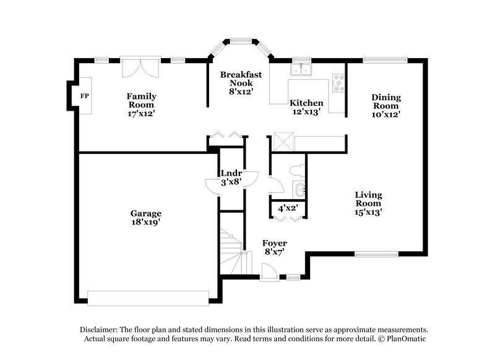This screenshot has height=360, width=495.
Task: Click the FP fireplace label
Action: coord(84,96)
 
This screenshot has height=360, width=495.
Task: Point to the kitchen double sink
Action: coord(303,69)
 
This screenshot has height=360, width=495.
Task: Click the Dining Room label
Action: coord(386,106)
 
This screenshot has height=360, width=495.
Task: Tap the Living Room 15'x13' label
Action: coord(368,203)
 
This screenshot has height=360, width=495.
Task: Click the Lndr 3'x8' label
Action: coord(230,177)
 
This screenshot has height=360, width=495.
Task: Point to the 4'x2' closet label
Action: coord(288,208)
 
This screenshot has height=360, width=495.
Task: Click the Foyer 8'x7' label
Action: coord(274,247)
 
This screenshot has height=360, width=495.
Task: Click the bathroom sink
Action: coord(299,189)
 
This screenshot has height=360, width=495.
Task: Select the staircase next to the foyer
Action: coord(231,251)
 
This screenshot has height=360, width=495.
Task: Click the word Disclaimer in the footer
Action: coord(100,330)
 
